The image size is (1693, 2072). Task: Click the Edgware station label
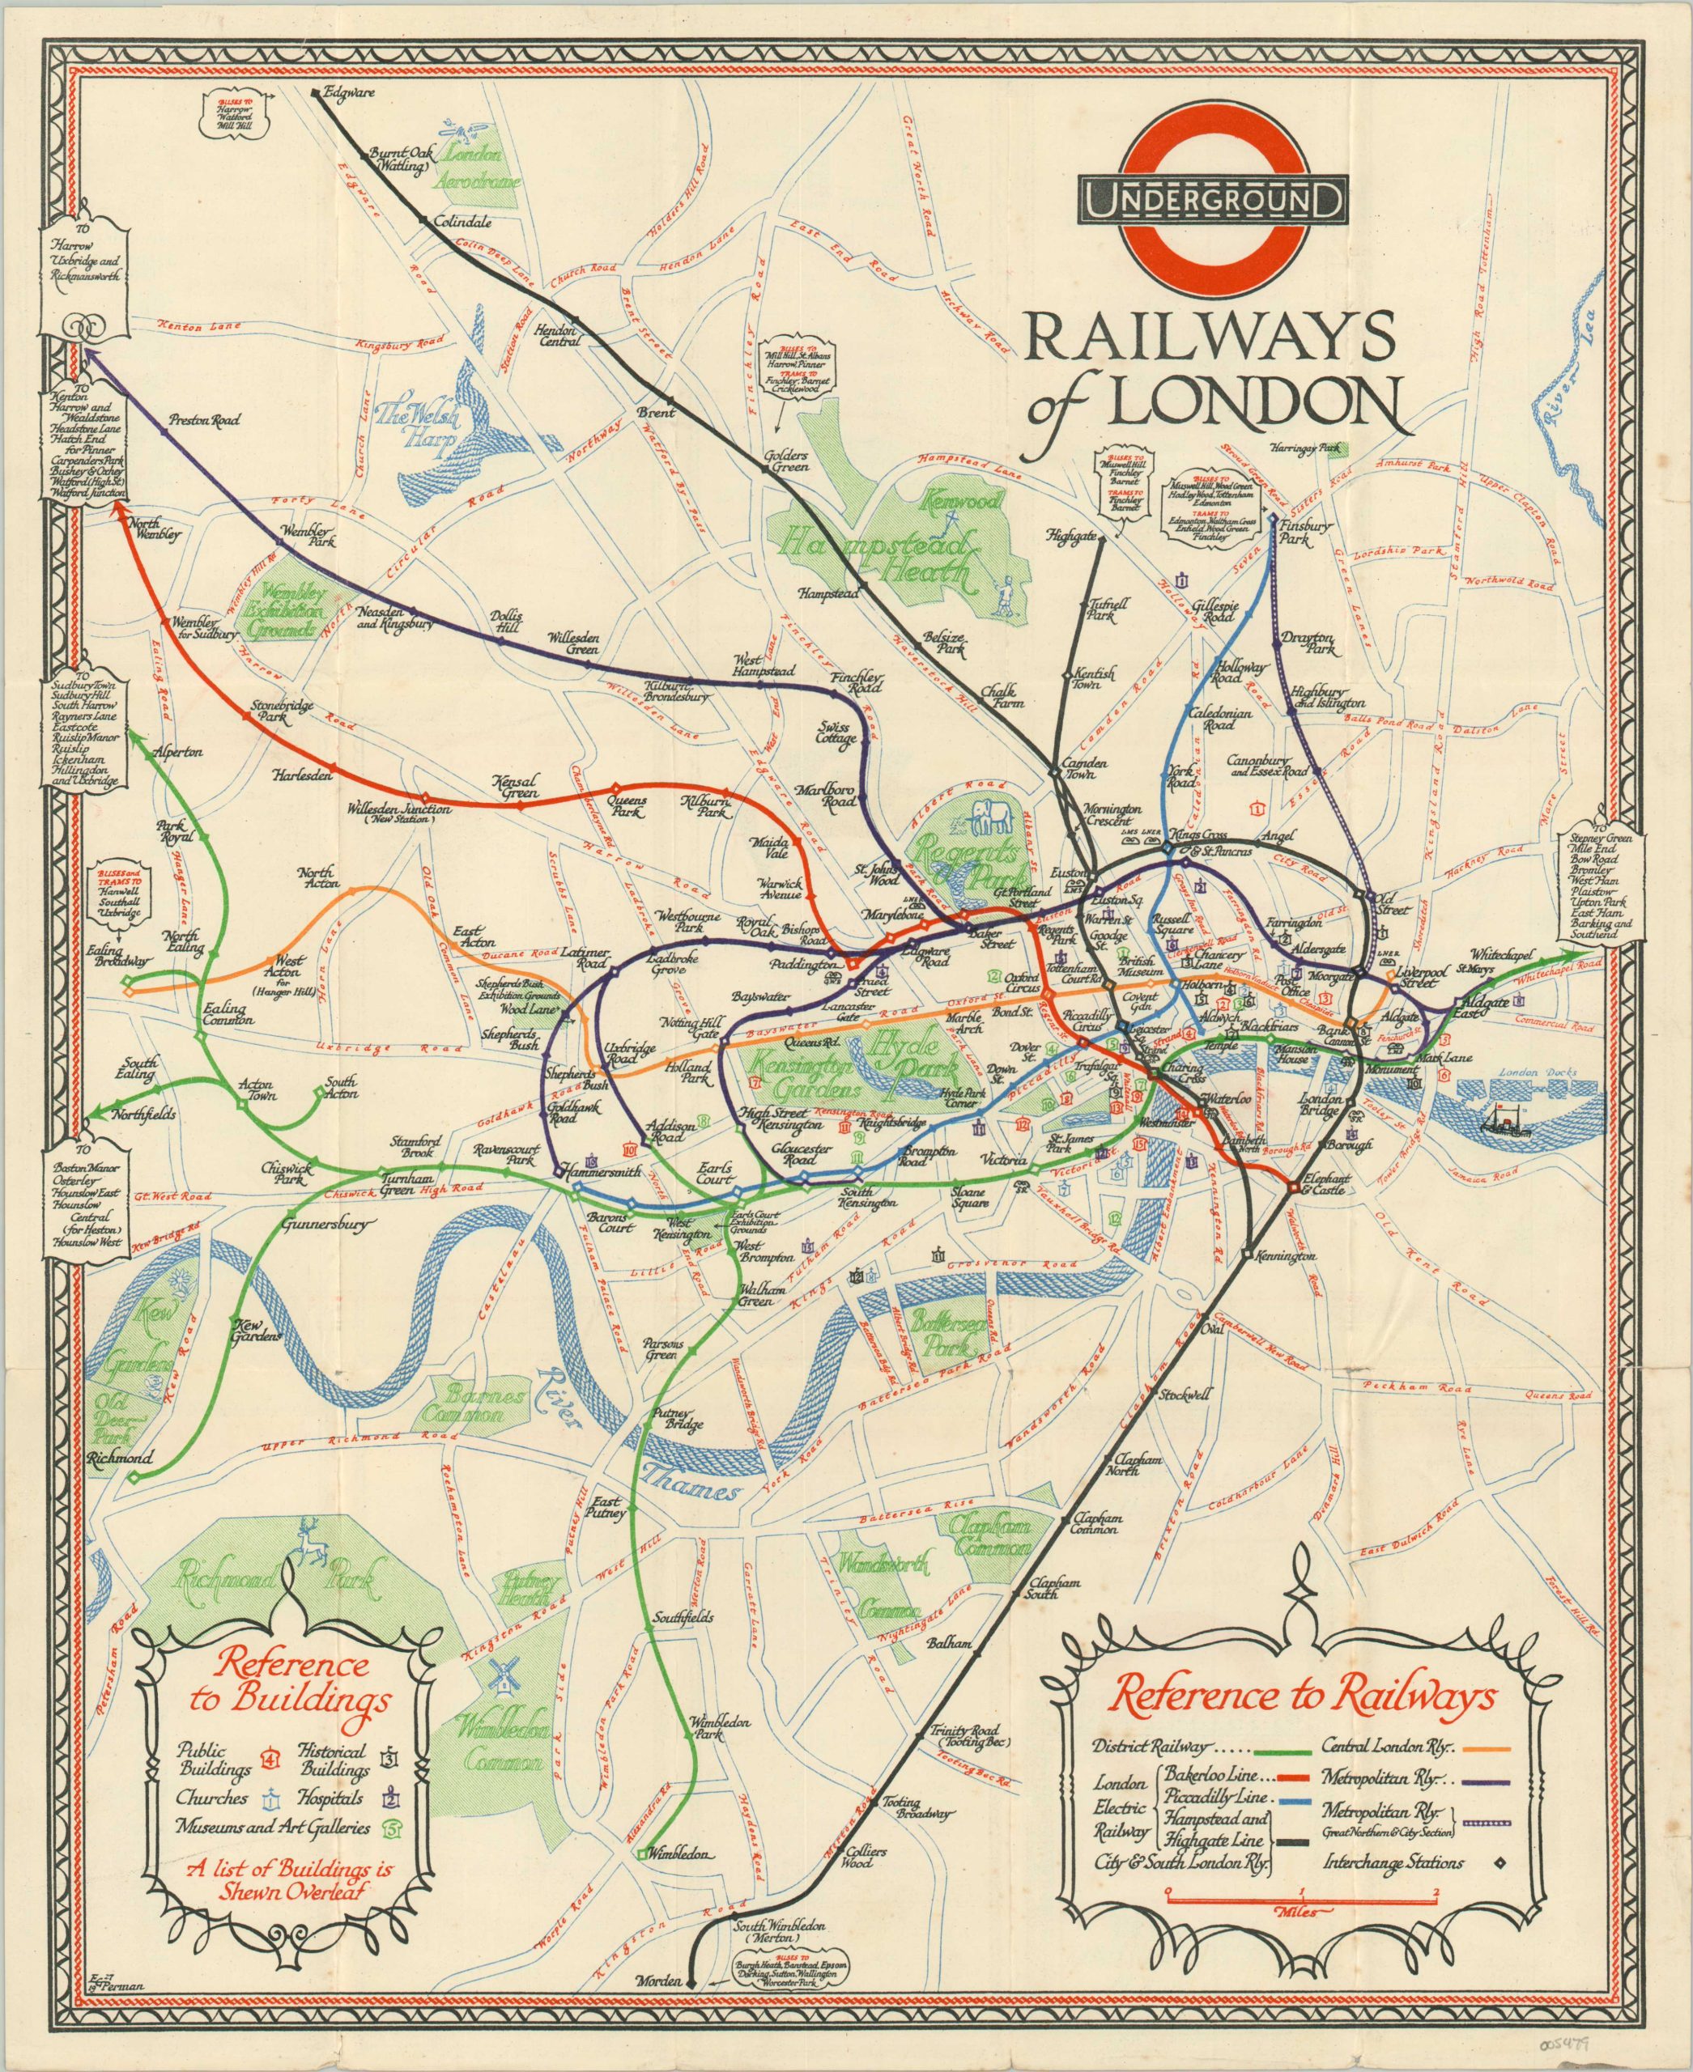(353, 94)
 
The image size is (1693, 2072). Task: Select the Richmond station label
(119, 1458)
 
